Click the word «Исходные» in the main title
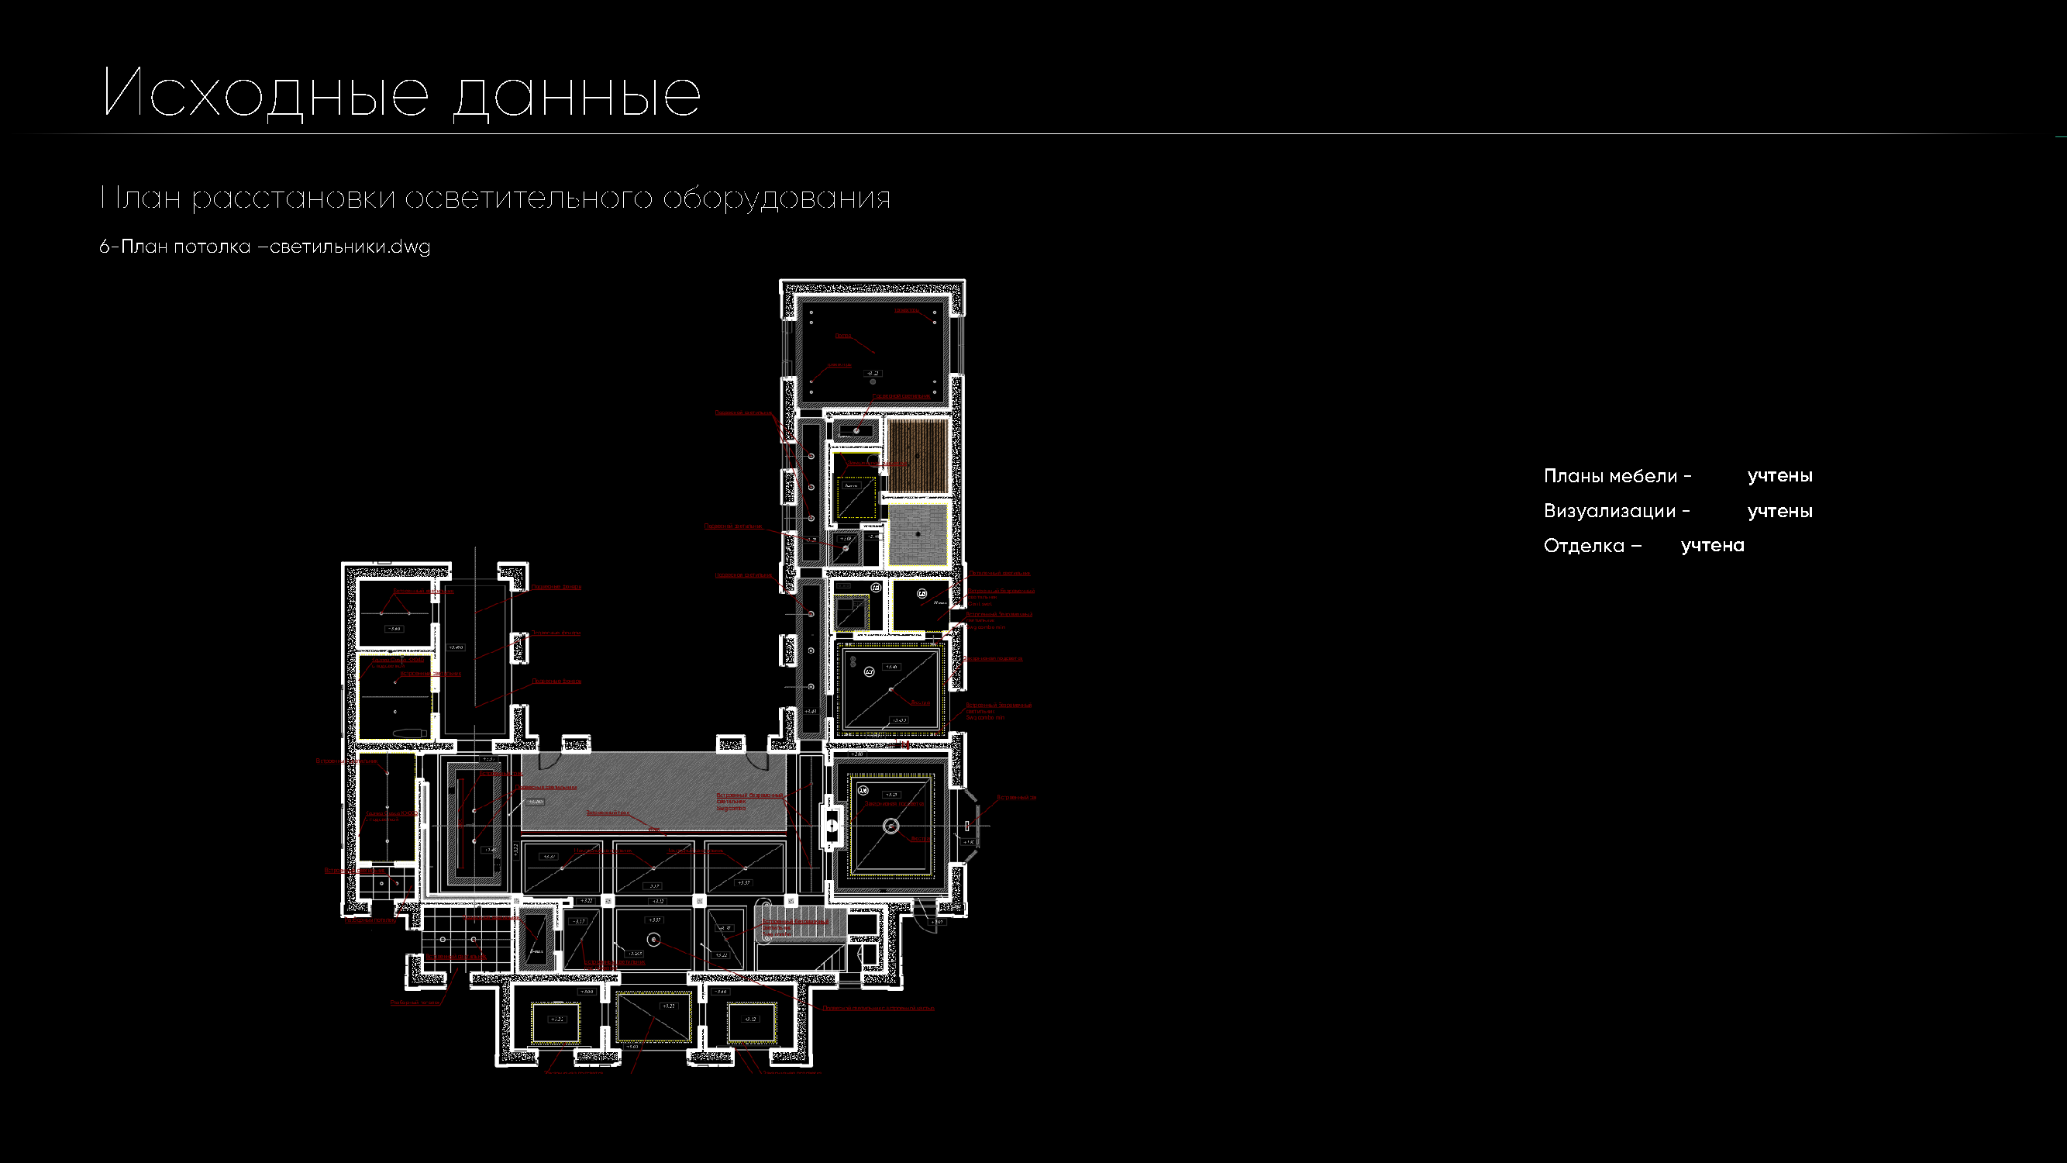pos(266,93)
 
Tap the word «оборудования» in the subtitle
pos(776,198)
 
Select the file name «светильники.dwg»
pos(350,247)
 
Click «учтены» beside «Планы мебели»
pos(1779,476)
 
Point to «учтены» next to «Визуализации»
pos(1779,511)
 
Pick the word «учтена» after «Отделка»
pos(1711,546)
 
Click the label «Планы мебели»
pos(1610,476)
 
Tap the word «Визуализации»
pos(1609,511)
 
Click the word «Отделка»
pos(1583,546)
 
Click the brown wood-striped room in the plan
pos(917,455)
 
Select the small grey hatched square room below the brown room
pos(917,533)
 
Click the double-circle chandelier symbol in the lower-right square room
pos(891,826)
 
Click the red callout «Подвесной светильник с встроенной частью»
pos(878,1008)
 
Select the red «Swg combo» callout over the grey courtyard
pos(749,801)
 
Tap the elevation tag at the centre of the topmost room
pos(873,373)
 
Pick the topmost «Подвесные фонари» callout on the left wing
pos(556,587)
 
